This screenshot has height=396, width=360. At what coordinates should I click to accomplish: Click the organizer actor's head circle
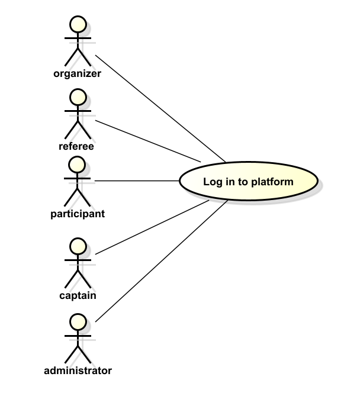[78, 24]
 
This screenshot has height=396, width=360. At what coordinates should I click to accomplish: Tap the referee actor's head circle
[78, 96]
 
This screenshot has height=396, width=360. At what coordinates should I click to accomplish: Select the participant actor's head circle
[78, 163]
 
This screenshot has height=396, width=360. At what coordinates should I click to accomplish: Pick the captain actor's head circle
[78, 245]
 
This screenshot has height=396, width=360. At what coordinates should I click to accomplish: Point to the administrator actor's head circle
[78, 321]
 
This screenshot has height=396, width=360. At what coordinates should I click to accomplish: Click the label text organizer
[77, 74]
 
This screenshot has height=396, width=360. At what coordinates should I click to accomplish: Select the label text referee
[77, 146]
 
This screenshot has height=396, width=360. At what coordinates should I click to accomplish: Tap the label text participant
[77, 213]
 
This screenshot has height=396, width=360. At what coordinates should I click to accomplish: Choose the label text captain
[78, 295]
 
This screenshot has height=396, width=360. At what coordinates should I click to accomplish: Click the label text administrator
[78, 371]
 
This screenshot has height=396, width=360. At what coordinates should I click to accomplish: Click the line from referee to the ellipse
[148, 141]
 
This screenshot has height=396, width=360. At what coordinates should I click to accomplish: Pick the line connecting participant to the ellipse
[136, 180]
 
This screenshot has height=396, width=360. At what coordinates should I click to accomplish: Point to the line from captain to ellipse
[151, 228]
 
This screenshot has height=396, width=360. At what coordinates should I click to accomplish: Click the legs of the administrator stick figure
[78, 353]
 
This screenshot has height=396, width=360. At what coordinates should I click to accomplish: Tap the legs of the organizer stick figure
[78, 57]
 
